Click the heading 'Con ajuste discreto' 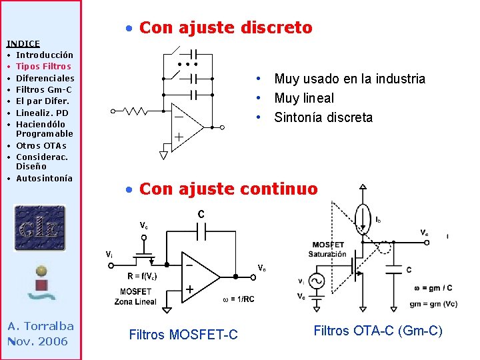point(225,28)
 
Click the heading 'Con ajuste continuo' point(228,189)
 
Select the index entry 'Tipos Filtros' point(43,66)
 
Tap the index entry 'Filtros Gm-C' point(44,89)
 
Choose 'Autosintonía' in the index point(44,178)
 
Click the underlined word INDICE point(23,43)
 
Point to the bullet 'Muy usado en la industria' point(349,79)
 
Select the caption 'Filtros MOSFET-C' point(183,335)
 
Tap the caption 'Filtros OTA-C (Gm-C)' point(378,330)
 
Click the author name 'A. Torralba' point(41,326)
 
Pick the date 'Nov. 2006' point(38,341)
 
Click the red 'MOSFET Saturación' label point(327,249)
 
